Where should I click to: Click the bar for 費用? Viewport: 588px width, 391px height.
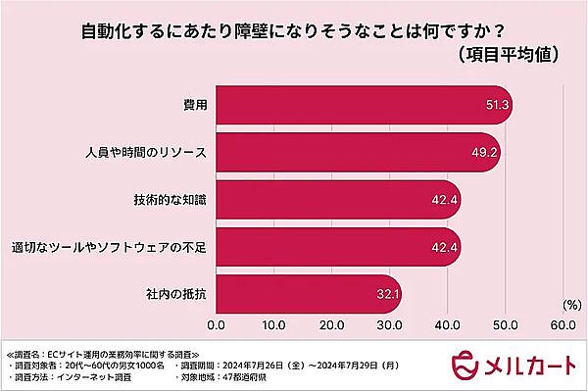[363, 105]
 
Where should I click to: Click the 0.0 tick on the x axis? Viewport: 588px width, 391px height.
[217, 324]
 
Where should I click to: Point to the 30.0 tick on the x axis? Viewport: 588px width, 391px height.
[390, 324]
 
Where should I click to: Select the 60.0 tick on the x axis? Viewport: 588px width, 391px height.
[563, 324]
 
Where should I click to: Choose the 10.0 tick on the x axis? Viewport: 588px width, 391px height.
[274, 324]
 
